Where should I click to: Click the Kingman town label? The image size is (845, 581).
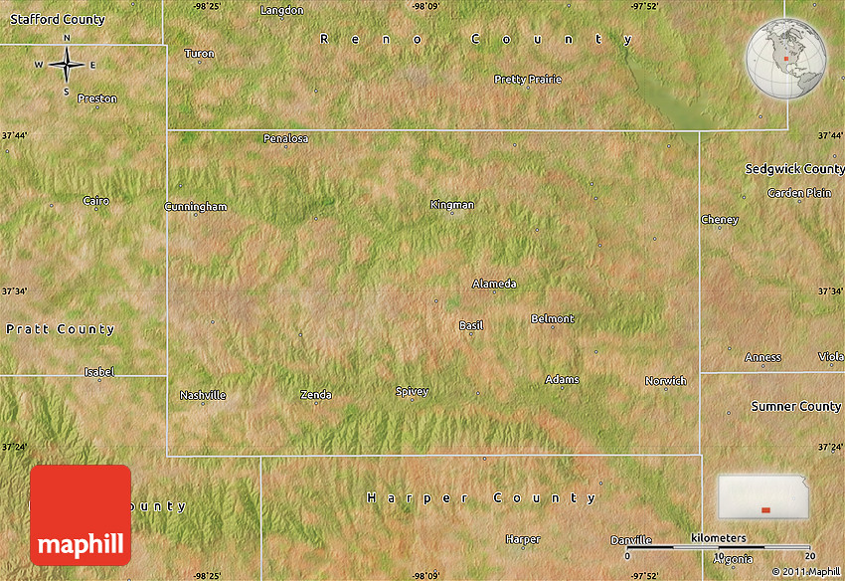(x=452, y=205)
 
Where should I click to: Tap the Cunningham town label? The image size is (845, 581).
(x=196, y=207)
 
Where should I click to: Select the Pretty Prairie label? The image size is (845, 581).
(x=528, y=79)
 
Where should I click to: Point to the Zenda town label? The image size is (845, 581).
(x=316, y=395)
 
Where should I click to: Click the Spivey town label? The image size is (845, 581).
(x=412, y=391)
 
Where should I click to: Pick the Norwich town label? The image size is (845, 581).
(x=665, y=381)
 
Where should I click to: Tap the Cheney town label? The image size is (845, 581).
(x=720, y=220)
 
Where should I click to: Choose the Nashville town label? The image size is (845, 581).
(x=203, y=395)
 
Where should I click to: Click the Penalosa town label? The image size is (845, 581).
(x=285, y=138)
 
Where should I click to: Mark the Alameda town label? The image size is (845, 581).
(x=494, y=284)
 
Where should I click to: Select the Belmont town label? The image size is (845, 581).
(x=553, y=319)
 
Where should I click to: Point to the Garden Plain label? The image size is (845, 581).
(x=799, y=193)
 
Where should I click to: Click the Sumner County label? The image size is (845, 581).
(x=795, y=406)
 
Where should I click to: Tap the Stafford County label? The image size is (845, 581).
(x=58, y=20)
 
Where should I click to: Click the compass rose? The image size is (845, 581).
(x=67, y=66)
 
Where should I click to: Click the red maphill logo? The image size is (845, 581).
(x=81, y=515)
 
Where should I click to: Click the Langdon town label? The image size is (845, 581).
(x=281, y=10)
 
